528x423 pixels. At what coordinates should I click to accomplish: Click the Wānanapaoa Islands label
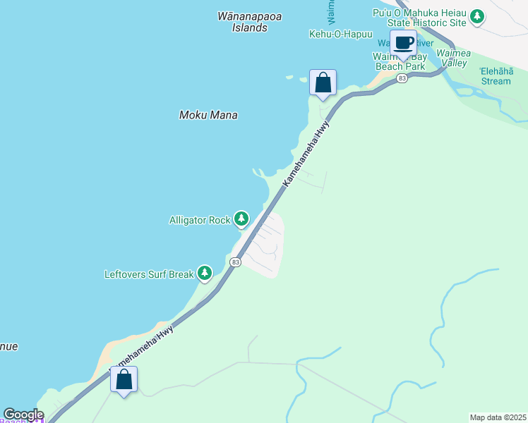242,22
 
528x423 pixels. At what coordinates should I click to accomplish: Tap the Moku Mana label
208,115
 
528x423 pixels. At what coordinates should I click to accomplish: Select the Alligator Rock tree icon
241,219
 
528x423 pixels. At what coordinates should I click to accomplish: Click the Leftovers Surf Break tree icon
205,273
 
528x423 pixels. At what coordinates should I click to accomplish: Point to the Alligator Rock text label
200,220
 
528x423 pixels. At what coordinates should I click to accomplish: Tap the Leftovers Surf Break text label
149,274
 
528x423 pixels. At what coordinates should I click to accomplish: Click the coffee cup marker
403,43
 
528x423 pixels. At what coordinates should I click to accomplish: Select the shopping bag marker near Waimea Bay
323,82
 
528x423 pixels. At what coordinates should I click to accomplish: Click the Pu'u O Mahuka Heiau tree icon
477,16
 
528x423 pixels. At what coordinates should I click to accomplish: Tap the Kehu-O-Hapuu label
340,34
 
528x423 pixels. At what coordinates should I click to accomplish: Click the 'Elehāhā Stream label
496,75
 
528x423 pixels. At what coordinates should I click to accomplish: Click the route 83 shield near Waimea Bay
402,78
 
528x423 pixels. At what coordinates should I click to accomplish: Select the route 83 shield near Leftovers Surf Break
235,262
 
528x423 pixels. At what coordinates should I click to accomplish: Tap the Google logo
23,415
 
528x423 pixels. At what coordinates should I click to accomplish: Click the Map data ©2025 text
498,417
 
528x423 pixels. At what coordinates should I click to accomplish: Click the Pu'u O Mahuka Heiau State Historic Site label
419,17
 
